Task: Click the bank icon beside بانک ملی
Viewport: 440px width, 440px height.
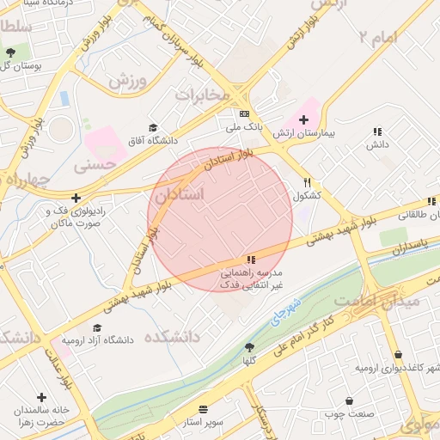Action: pyautogui.click(x=244, y=113)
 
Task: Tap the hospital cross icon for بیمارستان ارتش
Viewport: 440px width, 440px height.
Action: pyautogui.click(x=303, y=119)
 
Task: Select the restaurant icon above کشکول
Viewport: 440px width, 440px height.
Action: pyautogui.click(x=308, y=182)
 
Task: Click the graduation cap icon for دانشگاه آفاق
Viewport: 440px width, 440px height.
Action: pyautogui.click(x=153, y=126)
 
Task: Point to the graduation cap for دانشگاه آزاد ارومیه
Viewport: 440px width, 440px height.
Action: pyautogui.click(x=97, y=327)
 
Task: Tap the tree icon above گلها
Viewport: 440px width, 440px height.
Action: pyautogui.click(x=249, y=347)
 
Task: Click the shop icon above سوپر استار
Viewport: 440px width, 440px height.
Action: pyautogui.click(x=203, y=409)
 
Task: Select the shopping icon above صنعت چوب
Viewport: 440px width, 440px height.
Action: pyautogui.click(x=348, y=400)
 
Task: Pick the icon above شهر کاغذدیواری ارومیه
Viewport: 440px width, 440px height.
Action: pyautogui.click(x=397, y=354)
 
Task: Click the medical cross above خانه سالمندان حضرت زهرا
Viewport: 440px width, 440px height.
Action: pyautogui.click(x=41, y=396)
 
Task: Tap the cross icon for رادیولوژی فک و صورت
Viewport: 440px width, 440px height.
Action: pyautogui.click(x=76, y=197)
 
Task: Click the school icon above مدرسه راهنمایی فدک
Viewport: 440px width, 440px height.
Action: pyautogui.click(x=250, y=260)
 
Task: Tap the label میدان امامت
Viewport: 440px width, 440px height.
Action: pyautogui.click(x=376, y=302)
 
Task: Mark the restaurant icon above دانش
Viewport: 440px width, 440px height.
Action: pyautogui.click(x=376, y=131)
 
